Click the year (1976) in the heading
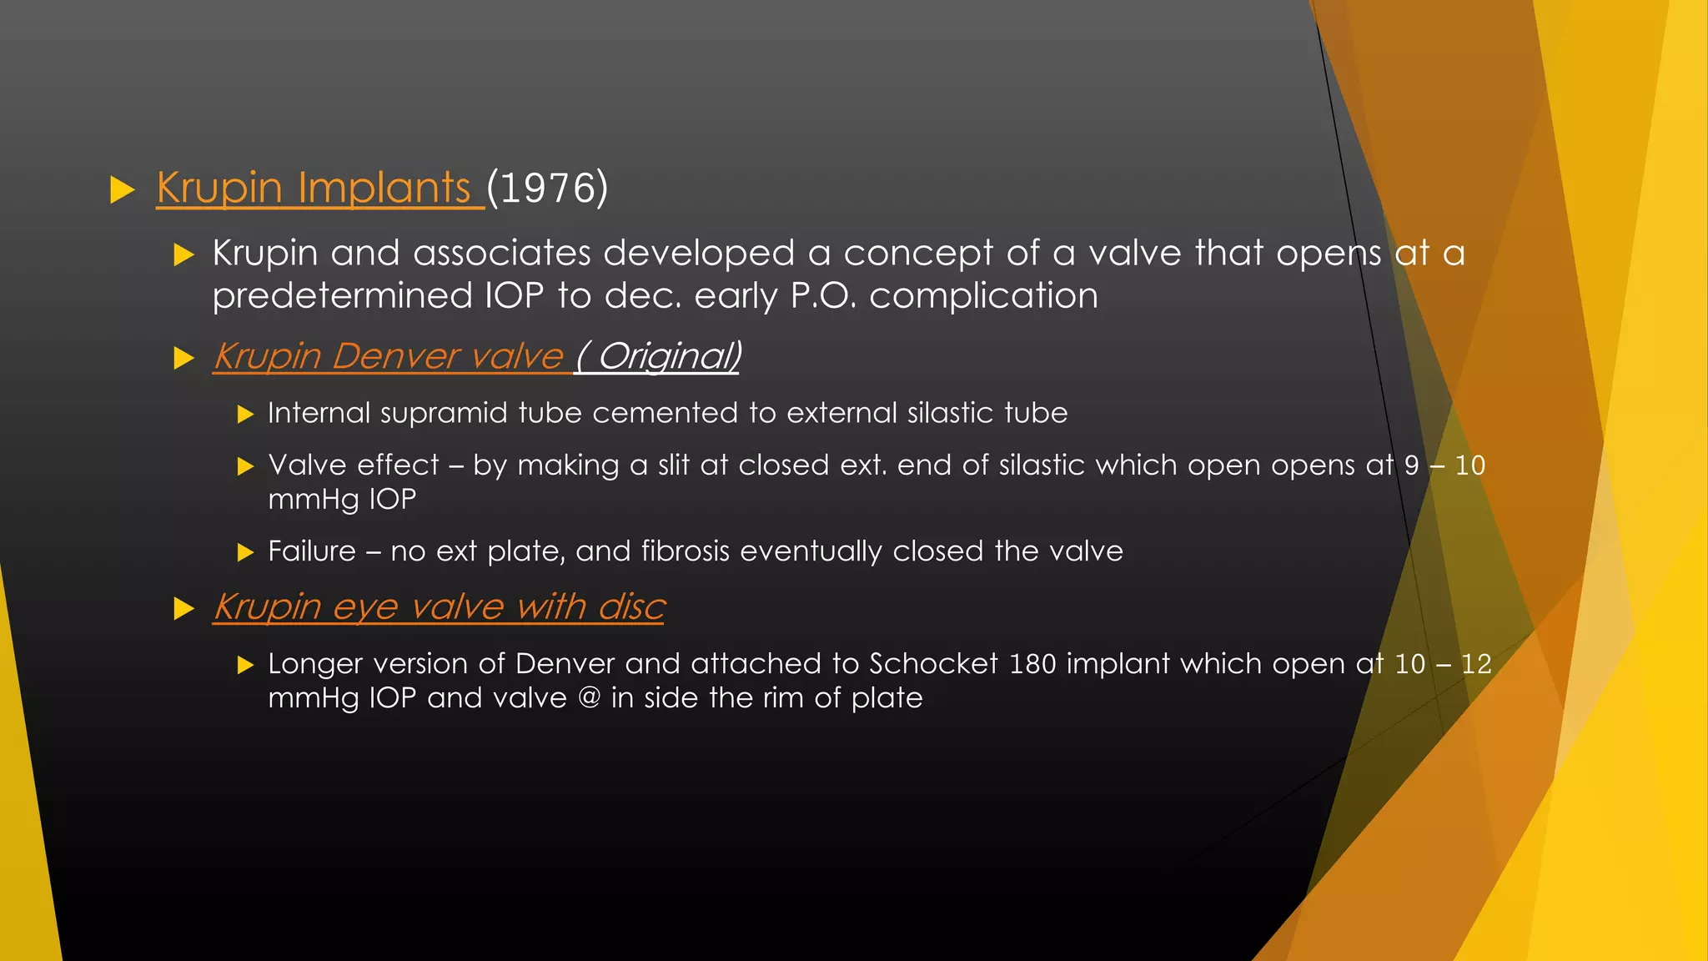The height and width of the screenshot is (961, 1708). (x=547, y=188)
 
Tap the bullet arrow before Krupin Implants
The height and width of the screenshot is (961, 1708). (x=123, y=189)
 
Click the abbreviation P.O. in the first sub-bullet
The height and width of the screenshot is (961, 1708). (x=822, y=296)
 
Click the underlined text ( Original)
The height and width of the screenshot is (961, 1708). (x=657, y=357)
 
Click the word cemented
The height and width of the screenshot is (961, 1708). (x=670, y=414)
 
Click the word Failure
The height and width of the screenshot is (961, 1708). (x=311, y=551)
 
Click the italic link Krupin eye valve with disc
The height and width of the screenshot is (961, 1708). (x=439, y=607)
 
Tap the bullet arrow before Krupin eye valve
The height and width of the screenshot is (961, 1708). (x=183, y=609)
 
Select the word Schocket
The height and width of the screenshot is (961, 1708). (x=933, y=664)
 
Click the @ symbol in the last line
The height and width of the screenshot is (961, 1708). (x=589, y=698)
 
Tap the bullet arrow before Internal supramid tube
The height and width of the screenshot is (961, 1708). (x=244, y=415)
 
